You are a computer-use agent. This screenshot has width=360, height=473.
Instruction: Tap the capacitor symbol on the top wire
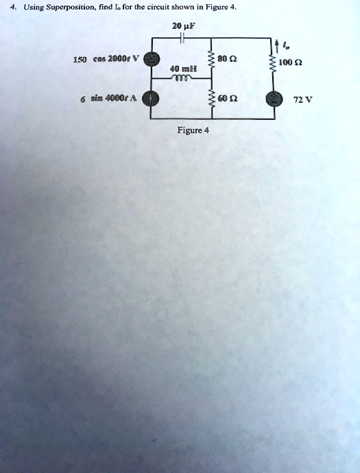tap(182, 38)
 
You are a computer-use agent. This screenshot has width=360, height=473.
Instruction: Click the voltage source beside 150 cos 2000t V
tap(149, 59)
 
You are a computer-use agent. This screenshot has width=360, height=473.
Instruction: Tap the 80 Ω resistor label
tap(229, 58)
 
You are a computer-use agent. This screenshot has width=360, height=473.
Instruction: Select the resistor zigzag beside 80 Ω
tap(212, 60)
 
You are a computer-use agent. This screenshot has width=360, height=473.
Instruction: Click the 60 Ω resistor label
tap(229, 98)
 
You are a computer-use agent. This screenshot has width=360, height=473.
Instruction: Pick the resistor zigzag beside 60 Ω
tap(212, 99)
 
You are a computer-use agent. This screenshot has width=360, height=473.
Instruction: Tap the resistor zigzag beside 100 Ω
tap(274, 63)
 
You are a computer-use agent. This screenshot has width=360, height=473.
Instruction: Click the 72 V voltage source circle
tap(274, 99)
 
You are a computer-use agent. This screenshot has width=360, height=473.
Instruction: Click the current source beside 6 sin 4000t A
tap(149, 98)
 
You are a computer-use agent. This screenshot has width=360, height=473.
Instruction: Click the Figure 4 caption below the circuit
tap(193, 130)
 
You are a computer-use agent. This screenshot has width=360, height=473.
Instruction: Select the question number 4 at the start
tap(12, 7)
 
